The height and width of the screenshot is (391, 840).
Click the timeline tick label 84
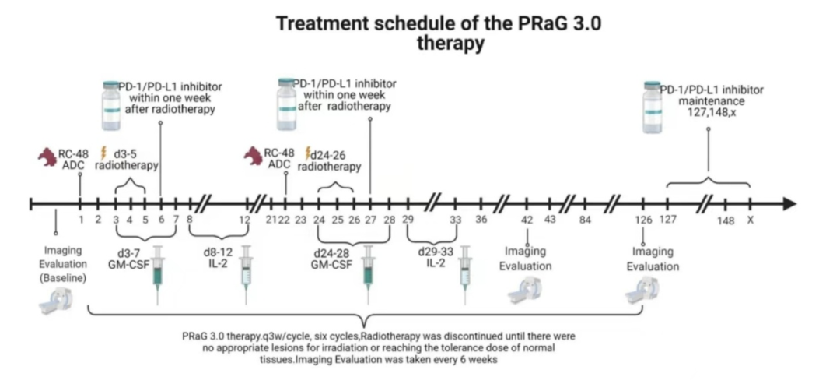[x=586, y=220]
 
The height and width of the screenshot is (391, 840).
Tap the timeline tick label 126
[x=642, y=220]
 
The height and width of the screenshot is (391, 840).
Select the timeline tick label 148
[x=726, y=220]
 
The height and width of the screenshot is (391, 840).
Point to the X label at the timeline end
[x=750, y=220]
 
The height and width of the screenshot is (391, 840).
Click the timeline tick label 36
[x=481, y=220]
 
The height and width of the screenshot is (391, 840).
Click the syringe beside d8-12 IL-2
[x=247, y=273]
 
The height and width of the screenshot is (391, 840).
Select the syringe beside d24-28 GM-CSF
[x=369, y=273]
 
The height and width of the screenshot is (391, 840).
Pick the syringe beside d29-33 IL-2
[x=466, y=273]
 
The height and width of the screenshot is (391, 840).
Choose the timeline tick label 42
[x=527, y=220]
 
